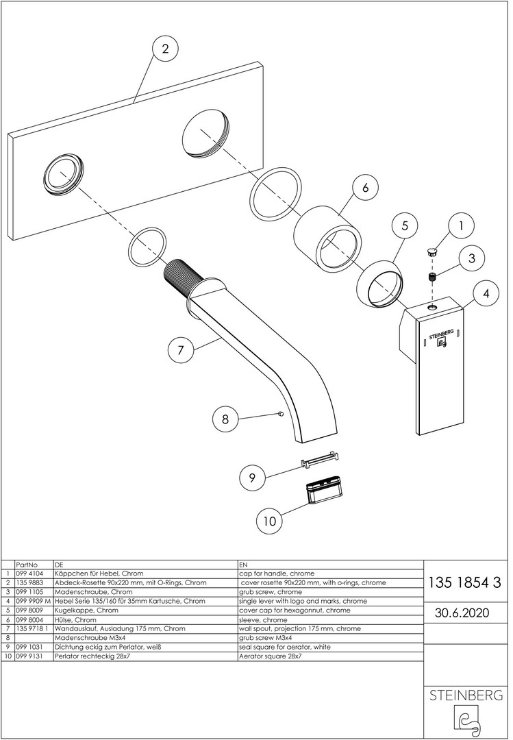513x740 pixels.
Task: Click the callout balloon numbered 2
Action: tap(164, 49)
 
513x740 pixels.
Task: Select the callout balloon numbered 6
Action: tap(365, 187)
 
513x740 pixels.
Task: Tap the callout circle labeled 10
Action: tap(269, 521)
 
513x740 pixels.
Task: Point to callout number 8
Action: tap(225, 419)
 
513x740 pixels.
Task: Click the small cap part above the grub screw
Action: tap(431, 251)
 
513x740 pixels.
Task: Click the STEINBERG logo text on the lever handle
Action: tap(441, 334)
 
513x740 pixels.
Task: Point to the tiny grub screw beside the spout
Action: tap(280, 414)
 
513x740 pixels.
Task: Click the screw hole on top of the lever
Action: tap(432, 307)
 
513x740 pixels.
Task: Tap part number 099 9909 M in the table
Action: tap(33, 602)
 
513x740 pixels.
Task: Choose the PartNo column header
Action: tap(27, 565)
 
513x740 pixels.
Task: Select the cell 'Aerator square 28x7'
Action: tap(271, 656)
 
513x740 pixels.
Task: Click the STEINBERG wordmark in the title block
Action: tap(466, 695)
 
